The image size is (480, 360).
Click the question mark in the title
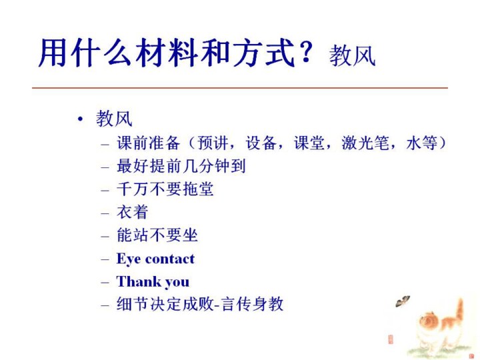pyautogui.click(x=306, y=53)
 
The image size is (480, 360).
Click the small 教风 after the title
pyautogui.click(x=352, y=55)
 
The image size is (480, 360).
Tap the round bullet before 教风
pyautogui.click(x=80, y=119)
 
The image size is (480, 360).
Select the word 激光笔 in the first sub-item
pyautogui.click(x=365, y=143)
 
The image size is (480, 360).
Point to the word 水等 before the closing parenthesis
pyautogui.click(x=422, y=143)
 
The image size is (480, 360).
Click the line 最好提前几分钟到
pyautogui.click(x=181, y=166)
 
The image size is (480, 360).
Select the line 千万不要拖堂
pyautogui.click(x=165, y=189)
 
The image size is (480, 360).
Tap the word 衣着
pyautogui.click(x=133, y=212)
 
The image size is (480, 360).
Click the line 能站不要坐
pyautogui.click(x=157, y=235)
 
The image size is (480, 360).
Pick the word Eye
pyautogui.click(x=129, y=259)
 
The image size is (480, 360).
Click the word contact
pyautogui.click(x=170, y=259)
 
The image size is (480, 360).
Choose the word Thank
pyautogui.click(x=139, y=281)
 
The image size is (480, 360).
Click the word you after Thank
pyautogui.click(x=177, y=283)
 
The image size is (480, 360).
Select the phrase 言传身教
pyautogui.click(x=253, y=304)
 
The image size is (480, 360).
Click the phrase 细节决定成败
pyautogui.click(x=165, y=304)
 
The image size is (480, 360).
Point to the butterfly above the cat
pyautogui.click(x=403, y=301)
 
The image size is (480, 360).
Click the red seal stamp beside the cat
pyautogui.click(x=390, y=340)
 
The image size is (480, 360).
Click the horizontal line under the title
pyautogui.click(x=240, y=88)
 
